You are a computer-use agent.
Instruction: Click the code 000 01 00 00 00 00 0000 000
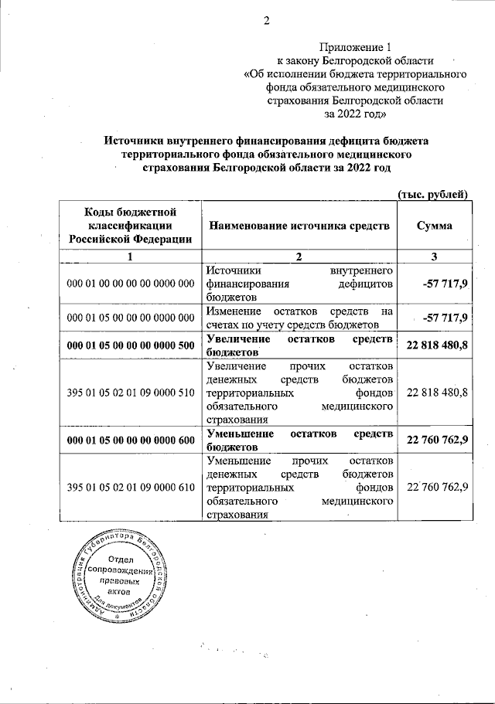(130, 284)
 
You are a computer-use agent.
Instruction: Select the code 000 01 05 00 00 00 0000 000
(130, 317)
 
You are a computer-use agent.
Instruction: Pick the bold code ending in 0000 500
(130, 345)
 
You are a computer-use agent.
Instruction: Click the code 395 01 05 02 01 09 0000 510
(130, 393)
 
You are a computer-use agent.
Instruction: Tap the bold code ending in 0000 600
(130, 440)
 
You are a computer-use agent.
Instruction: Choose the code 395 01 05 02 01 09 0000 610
(130, 488)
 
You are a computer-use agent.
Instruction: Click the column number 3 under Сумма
(434, 256)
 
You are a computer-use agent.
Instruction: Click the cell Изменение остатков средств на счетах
(300, 317)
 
